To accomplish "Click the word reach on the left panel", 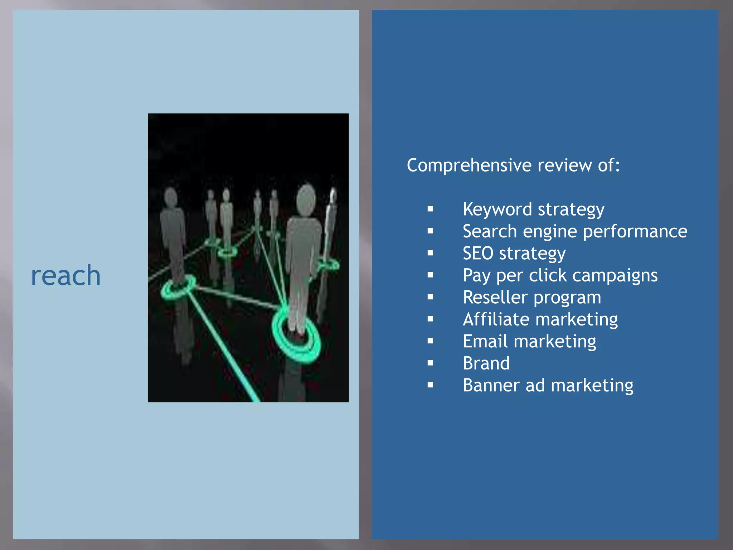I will point(66,276).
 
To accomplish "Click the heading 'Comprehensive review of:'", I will point(513,165).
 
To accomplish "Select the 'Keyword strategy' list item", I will point(533,209).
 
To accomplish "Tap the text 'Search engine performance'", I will point(575,231).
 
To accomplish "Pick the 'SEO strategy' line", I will point(514,254).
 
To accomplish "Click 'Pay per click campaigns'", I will point(560,275).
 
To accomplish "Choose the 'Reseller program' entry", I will point(532,298).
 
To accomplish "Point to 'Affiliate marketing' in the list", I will point(540,319).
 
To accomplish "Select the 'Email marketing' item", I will point(529,341).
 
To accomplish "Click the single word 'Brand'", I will point(486,363).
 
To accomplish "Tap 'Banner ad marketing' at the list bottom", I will point(548,385).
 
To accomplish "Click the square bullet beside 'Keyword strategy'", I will point(430,209).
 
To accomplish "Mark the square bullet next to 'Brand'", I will point(430,363).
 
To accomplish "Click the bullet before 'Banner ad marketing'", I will point(430,385).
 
